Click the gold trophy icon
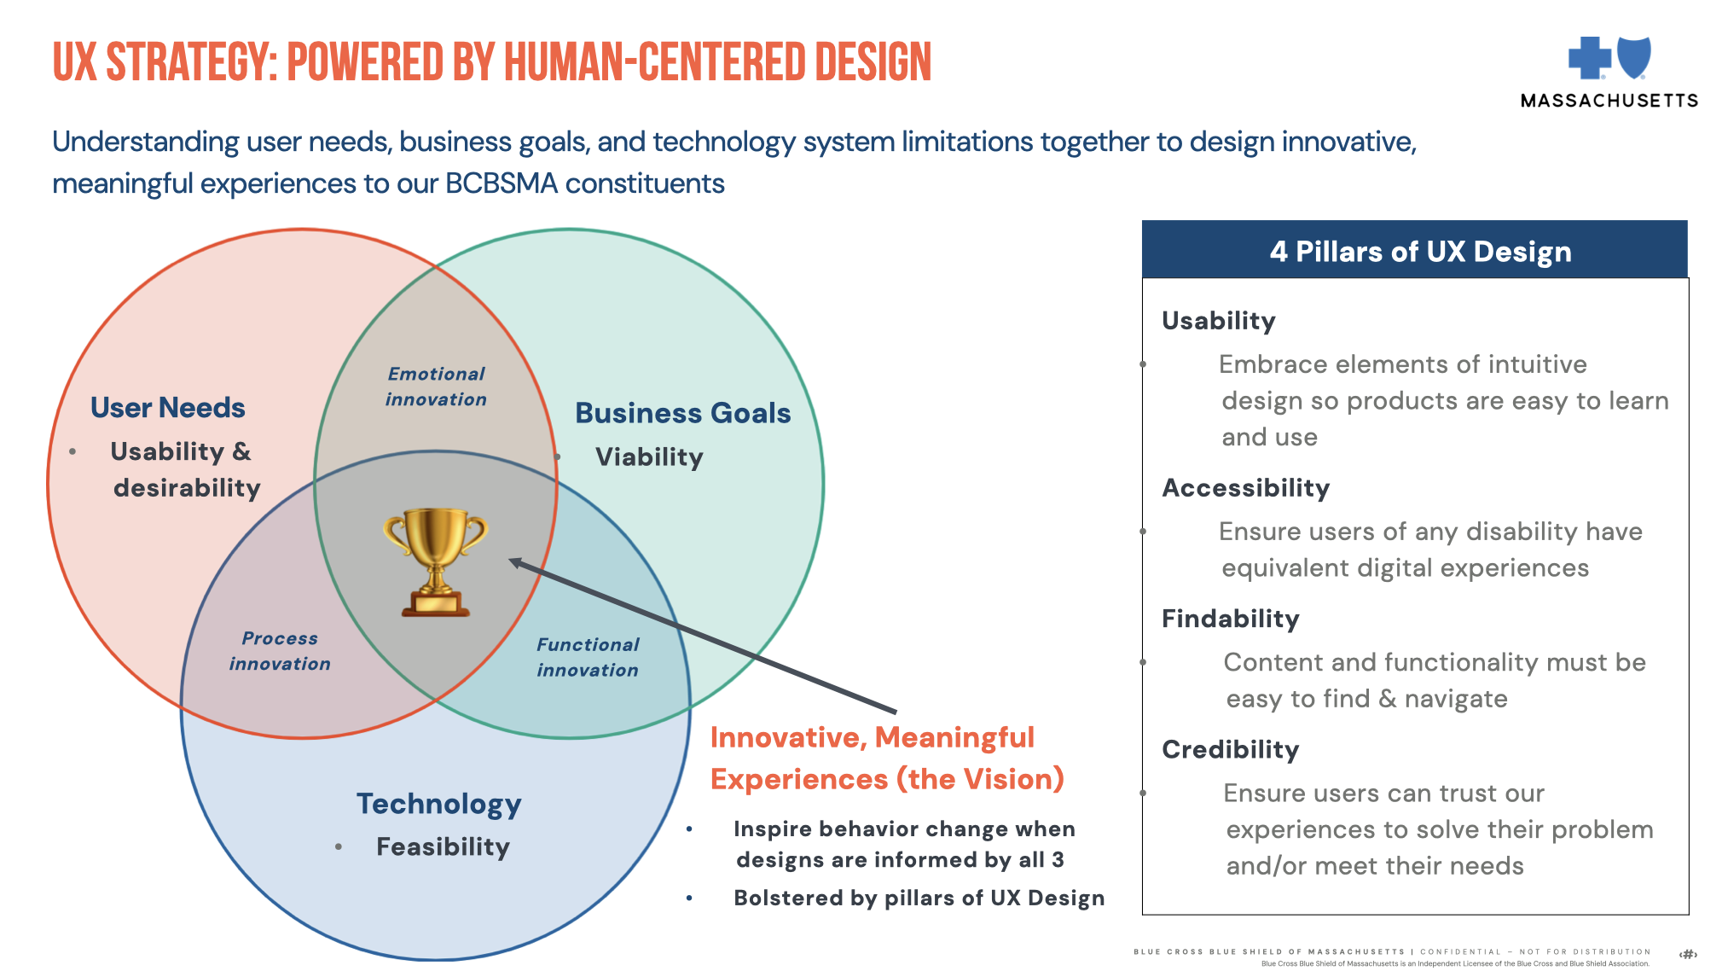(435, 561)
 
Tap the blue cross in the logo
(1589, 57)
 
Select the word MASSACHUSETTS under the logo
(1609, 101)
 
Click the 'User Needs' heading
(168, 408)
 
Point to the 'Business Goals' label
(682, 413)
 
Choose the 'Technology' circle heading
(438, 804)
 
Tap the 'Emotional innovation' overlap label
(436, 387)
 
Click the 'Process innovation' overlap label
(280, 651)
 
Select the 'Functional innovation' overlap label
(588, 657)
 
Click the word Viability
(649, 457)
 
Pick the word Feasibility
(443, 846)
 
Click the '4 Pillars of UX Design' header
(1420, 252)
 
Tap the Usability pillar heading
(1218, 321)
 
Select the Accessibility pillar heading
(1245, 488)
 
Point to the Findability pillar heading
(1230, 619)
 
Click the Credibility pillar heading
(1230, 749)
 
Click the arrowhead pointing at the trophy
(515, 562)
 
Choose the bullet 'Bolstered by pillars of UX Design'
(919, 898)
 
